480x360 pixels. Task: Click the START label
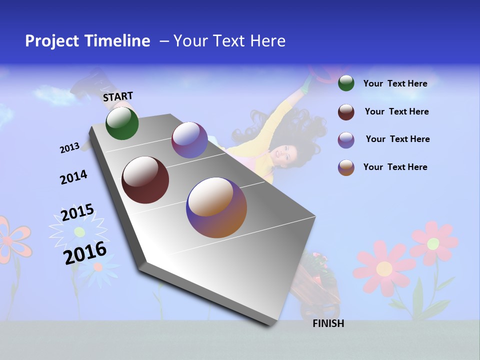click(118, 96)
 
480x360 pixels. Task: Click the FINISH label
click(328, 323)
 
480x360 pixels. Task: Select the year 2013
click(69, 148)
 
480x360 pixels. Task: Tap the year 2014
click(73, 177)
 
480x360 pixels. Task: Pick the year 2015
click(77, 212)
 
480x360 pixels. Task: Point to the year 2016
click(85, 253)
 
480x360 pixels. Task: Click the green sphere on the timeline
click(122, 123)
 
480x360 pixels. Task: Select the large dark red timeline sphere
click(145, 180)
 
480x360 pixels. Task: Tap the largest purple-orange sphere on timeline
click(216, 207)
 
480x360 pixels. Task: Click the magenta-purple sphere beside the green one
click(189, 140)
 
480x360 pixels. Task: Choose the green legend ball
click(346, 83)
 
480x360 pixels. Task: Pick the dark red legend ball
click(346, 112)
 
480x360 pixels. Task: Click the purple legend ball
click(346, 140)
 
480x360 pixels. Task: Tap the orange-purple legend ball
click(346, 167)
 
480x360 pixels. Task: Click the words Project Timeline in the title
click(87, 41)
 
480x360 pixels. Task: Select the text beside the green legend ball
click(395, 83)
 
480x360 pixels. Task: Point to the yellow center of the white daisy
click(79, 231)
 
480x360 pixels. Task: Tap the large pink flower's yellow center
click(384, 269)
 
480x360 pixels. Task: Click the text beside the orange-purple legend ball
click(395, 167)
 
